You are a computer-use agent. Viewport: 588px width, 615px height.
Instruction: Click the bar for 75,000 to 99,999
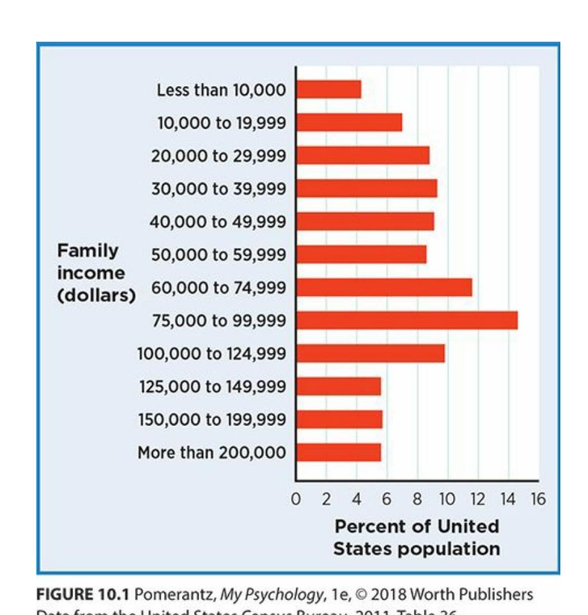click(x=407, y=320)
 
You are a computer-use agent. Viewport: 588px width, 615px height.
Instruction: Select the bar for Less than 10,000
click(x=328, y=89)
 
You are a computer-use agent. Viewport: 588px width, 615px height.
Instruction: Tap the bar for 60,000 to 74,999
click(x=384, y=287)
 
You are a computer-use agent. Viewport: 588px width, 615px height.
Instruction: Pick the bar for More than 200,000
click(x=339, y=452)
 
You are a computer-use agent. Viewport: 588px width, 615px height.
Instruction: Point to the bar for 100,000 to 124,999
click(x=370, y=353)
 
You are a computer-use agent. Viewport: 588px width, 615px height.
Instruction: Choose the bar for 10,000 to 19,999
click(x=349, y=122)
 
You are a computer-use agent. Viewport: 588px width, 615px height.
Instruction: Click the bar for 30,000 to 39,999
click(x=366, y=188)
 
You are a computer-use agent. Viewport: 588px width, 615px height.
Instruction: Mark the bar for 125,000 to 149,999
click(x=339, y=386)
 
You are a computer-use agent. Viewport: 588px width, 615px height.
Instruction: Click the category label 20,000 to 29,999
click(x=218, y=156)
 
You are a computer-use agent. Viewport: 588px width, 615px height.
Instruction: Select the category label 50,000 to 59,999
click(x=218, y=255)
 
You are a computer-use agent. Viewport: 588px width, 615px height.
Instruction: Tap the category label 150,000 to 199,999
click(x=212, y=420)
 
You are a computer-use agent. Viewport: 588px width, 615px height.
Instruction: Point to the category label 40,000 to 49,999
click(x=218, y=222)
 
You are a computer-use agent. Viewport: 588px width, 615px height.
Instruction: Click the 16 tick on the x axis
click(x=538, y=499)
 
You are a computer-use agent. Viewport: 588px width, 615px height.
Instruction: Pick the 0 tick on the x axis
click(x=296, y=499)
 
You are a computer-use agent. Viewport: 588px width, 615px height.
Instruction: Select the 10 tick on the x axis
click(x=447, y=499)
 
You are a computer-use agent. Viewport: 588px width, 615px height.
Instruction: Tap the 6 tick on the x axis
click(x=387, y=499)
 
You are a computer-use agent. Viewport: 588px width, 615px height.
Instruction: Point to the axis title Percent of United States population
click(x=416, y=537)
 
